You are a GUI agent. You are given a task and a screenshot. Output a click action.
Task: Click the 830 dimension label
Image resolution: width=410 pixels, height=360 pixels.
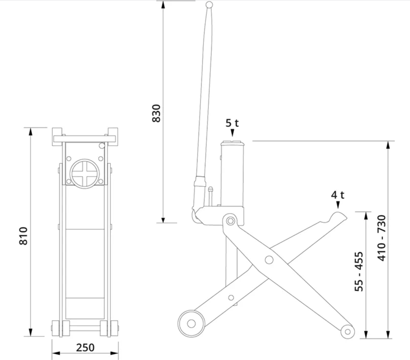pyautogui.click(x=156, y=113)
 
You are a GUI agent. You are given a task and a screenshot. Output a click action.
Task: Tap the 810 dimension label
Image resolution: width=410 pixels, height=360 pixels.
pyautogui.click(x=23, y=236)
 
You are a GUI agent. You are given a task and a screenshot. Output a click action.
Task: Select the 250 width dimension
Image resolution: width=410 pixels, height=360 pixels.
pyautogui.click(x=85, y=348)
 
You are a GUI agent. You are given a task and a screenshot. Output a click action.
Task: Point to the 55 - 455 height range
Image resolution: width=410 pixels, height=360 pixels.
pyautogui.click(x=359, y=271)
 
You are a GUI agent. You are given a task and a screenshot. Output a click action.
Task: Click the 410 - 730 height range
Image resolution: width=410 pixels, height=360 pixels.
pyautogui.click(x=382, y=238)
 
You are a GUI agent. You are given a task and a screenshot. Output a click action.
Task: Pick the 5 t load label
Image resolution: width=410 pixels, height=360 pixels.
pyautogui.click(x=232, y=123)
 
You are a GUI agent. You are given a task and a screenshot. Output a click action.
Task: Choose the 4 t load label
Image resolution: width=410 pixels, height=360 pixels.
pyautogui.click(x=338, y=195)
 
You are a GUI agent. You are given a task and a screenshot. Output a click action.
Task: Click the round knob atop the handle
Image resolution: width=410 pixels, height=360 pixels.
pyautogui.click(x=209, y=5)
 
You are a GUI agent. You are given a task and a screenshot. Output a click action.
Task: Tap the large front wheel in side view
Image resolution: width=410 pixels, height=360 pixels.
pyautogui.click(x=191, y=323)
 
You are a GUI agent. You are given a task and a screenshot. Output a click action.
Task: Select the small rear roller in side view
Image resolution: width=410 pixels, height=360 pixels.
pyautogui.click(x=348, y=332)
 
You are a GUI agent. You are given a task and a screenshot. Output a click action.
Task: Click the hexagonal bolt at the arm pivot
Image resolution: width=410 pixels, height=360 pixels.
pyautogui.click(x=230, y=221)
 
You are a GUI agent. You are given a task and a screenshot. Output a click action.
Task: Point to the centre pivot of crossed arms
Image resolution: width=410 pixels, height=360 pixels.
pyautogui.click(x=269, y=260)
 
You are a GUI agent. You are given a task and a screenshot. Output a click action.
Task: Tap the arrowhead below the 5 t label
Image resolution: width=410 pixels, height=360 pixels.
pyautogui.click(x=232, y=133)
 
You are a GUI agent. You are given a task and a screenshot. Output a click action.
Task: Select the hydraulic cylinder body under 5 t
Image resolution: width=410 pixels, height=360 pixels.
pyautogui.click(x=232, y=174)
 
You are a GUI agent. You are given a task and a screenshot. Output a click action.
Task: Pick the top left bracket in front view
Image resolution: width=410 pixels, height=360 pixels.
pyautogui.click(x=57, y=136)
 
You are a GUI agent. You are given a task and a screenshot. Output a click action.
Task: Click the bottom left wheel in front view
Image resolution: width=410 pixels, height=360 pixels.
pyautogui.click(x=55, y=328)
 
